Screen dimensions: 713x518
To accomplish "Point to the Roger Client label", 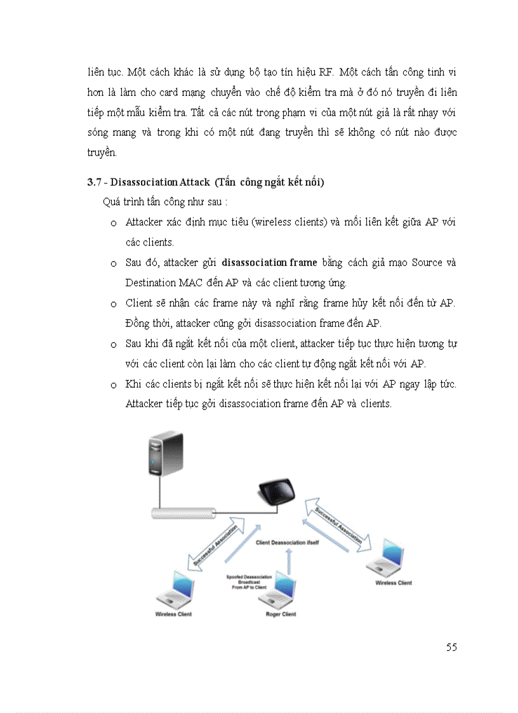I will [281, 614].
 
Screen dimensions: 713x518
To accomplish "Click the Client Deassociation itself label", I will [287, 543].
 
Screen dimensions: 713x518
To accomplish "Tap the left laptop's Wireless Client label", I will [173, 614].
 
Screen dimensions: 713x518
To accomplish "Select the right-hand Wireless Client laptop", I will [388, 557].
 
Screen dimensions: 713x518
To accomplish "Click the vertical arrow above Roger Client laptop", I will [288, 562].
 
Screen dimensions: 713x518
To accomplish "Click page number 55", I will [451, 648].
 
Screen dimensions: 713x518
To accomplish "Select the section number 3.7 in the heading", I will [95, 183].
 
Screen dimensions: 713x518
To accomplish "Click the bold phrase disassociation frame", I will [269, 263].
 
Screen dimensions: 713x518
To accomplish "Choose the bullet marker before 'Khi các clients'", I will [113, 385].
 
